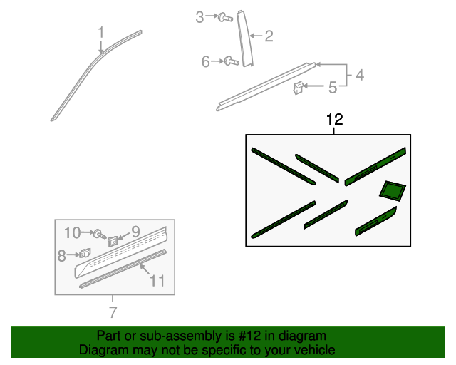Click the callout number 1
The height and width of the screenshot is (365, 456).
(100, 32)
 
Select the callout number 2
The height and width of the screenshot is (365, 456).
(269, 36)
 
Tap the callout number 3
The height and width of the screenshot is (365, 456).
(199, 17)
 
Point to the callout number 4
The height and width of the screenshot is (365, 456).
(360, 75)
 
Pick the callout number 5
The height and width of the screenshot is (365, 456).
(333, 88)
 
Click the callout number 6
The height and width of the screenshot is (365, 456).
(206, 62)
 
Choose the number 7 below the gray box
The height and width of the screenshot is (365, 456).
(113, 312)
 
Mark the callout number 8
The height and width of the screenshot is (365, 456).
(61, 256)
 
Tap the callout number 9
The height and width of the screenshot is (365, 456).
(135, 232)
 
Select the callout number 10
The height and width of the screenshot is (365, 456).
(72, 233)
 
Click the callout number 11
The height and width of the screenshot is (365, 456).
(157, 281)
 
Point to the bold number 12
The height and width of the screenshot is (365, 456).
(335, 120)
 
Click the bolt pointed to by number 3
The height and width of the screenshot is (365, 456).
(225, 17)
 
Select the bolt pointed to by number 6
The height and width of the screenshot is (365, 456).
(232, 61)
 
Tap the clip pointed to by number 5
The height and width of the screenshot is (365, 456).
(298, 88)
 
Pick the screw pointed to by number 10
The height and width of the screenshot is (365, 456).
(100, 234)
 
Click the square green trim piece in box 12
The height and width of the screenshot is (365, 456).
(393, 191)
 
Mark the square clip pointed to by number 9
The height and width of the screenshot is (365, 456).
(113, 241)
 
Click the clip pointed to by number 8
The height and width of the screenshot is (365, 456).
(85, 253)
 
